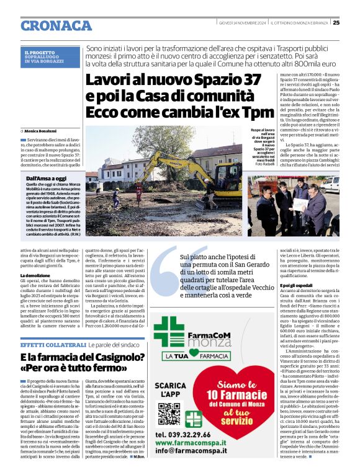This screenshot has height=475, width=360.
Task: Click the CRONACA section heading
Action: pos(56,25)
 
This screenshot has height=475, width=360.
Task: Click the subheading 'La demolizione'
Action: pos(35,275)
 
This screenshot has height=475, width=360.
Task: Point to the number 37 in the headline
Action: pos(246,80)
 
